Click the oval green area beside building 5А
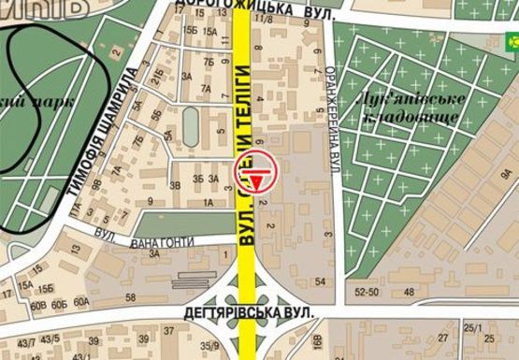(191, 124)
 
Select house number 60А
(81, 301)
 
